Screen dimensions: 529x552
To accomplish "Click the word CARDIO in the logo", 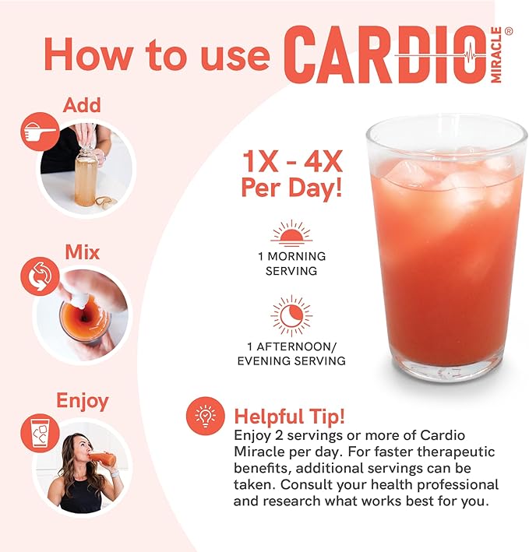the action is (x=385, y=54).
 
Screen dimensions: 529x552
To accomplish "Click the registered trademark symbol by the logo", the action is (x=509, y=31).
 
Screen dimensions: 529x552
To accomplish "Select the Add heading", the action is (x=82, y=105).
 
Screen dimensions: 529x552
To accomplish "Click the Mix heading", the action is (x=83, y=252).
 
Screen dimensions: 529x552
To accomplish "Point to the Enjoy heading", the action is (x=83, y=401).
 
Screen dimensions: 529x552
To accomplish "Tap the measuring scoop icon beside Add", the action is (x=40, y=132).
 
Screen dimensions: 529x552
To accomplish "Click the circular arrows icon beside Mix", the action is (x=40, y=276).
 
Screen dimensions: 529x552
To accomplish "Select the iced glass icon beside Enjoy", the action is (x=40, y=433).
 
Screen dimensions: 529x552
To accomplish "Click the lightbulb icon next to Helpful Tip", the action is (x=206, y=417).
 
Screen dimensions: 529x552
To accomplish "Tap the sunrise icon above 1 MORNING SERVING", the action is (x=291, y=233).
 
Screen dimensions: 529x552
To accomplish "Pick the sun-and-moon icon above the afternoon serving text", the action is (x=291, y=315).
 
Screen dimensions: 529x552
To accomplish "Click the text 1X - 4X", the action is (x=292, y=162).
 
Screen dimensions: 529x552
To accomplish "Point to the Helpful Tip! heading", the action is (x=289, y=417).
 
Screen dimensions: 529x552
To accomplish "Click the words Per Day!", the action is (x=291, y=188).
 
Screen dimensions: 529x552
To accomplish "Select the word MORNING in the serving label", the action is (x=297, y=256).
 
